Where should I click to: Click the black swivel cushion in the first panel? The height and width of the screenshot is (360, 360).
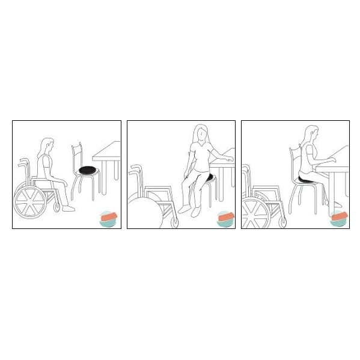pos(88,170)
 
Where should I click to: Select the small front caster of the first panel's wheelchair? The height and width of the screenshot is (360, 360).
pos(56,208)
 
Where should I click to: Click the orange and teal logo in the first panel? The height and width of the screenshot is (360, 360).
pos(109,218)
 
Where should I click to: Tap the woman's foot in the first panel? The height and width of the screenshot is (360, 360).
pos(69,208)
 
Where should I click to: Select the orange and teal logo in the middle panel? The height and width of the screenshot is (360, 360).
pos(225,218)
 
